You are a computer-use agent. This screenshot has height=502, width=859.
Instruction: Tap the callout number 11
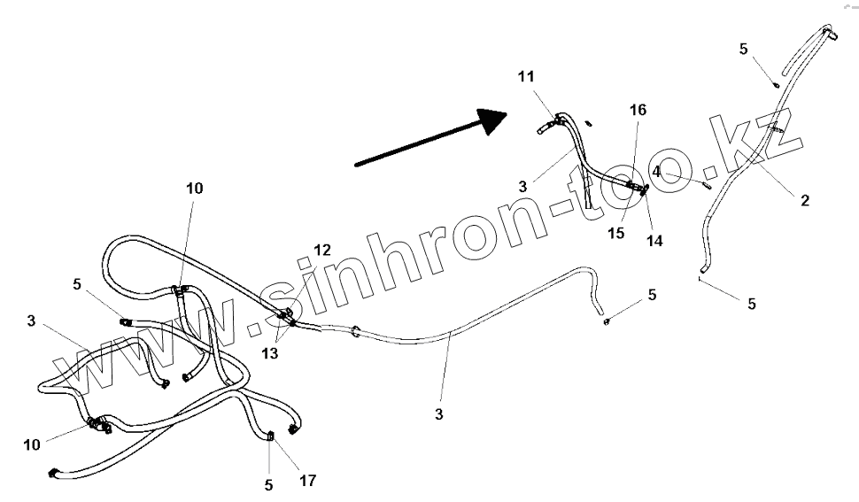click(x=527, y=77)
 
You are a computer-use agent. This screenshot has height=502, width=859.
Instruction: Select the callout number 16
click(x=638, y=110)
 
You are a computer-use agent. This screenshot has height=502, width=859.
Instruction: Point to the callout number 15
click(x=615, y=234)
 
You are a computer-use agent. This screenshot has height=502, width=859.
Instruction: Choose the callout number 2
click(x=804, y=201)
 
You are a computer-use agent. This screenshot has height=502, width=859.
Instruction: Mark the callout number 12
click(x=322, y=251)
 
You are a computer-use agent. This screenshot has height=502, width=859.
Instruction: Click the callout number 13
click(x=268, y=353)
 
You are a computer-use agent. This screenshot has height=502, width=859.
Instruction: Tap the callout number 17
click(x=307, y=482)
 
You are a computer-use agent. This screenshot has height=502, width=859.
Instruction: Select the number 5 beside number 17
click(x=268, y=484)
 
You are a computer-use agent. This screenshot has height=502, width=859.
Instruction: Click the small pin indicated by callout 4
click(x=706, y=185)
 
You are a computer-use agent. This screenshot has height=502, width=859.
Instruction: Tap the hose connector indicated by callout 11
click(x=557, y=120)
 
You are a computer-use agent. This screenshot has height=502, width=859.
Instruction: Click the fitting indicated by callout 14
click(x=645, y=189)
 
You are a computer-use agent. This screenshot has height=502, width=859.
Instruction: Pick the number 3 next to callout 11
click(x=523, y=187)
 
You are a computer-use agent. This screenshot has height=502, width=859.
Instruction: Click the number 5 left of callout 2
click(x=744, y=49)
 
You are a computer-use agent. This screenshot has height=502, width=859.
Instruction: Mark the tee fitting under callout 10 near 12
click(x=179, y=290)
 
